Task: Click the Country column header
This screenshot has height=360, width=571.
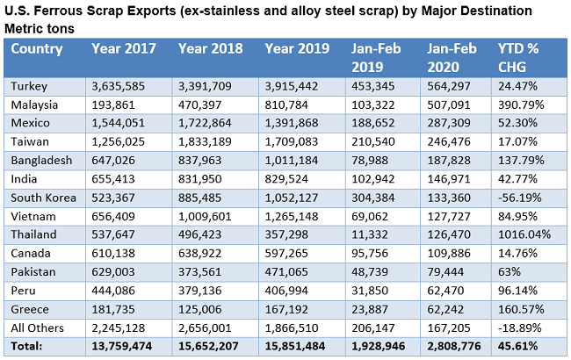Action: pyautogui.click(x=36, y=48)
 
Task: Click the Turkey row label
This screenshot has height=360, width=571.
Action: pyautogui.click(x=28, y=86)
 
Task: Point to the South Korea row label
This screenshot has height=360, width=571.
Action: pyautogui.click(x=41, y=196)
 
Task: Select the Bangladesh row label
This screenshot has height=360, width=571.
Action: pyautogui.click(x=41, y=160)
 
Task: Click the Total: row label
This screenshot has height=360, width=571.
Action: pyautogui.click(x=27, y=347)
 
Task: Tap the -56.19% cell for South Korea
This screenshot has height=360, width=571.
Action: pyautogui.click(x=521, y=196)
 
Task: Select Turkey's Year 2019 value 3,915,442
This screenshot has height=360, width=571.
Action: pyautogui.click(x=293, y=86)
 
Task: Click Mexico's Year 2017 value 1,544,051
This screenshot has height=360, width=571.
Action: pyautogui.click(x=125, y=123)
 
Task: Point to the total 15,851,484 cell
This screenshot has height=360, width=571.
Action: pyautogui.click(x=295, y=347)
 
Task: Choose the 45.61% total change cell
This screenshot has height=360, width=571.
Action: pyautogui.click(x=518, y=347)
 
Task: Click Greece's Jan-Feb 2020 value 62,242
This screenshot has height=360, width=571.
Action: pyautogui.click(x=447, y=309)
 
